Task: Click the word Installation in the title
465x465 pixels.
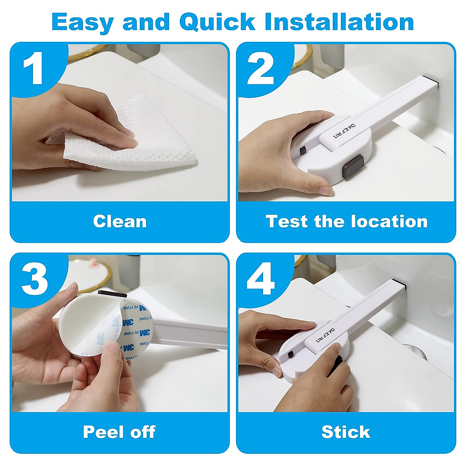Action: click(339, 22)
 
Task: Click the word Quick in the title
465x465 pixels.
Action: click(217, 22)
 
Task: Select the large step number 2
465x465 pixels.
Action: click(260, 69)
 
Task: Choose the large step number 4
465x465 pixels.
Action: click(260, 279)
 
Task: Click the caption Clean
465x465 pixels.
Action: click(120, 222)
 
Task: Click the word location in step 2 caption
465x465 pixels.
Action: click(389, 222)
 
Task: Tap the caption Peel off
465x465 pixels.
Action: click(119, 432)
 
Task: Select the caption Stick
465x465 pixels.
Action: click(346, 432)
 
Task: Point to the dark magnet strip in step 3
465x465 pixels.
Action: click(112, 294)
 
